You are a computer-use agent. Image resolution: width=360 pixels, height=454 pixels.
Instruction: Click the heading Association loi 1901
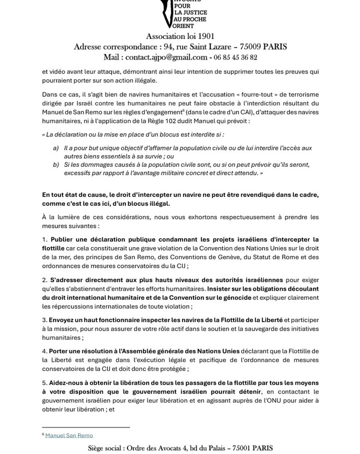coord(180,36)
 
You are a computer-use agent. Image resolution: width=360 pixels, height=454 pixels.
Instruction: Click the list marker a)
coord(55,148)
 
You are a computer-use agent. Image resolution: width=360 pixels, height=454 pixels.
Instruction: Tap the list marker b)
coord(55,164)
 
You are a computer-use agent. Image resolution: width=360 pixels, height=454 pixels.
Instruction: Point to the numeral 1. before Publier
coord(44,239)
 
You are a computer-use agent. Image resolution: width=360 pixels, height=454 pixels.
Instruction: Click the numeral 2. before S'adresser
coord(44,280)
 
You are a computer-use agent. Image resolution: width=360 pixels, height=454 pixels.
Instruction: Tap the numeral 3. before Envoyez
coord(44,320)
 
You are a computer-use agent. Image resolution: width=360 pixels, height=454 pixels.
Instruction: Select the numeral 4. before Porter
coord(44,352)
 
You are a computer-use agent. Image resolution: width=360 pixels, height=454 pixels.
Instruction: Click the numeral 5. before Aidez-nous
coord(44,383)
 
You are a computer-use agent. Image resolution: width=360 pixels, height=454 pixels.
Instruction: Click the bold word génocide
coord(235,297)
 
